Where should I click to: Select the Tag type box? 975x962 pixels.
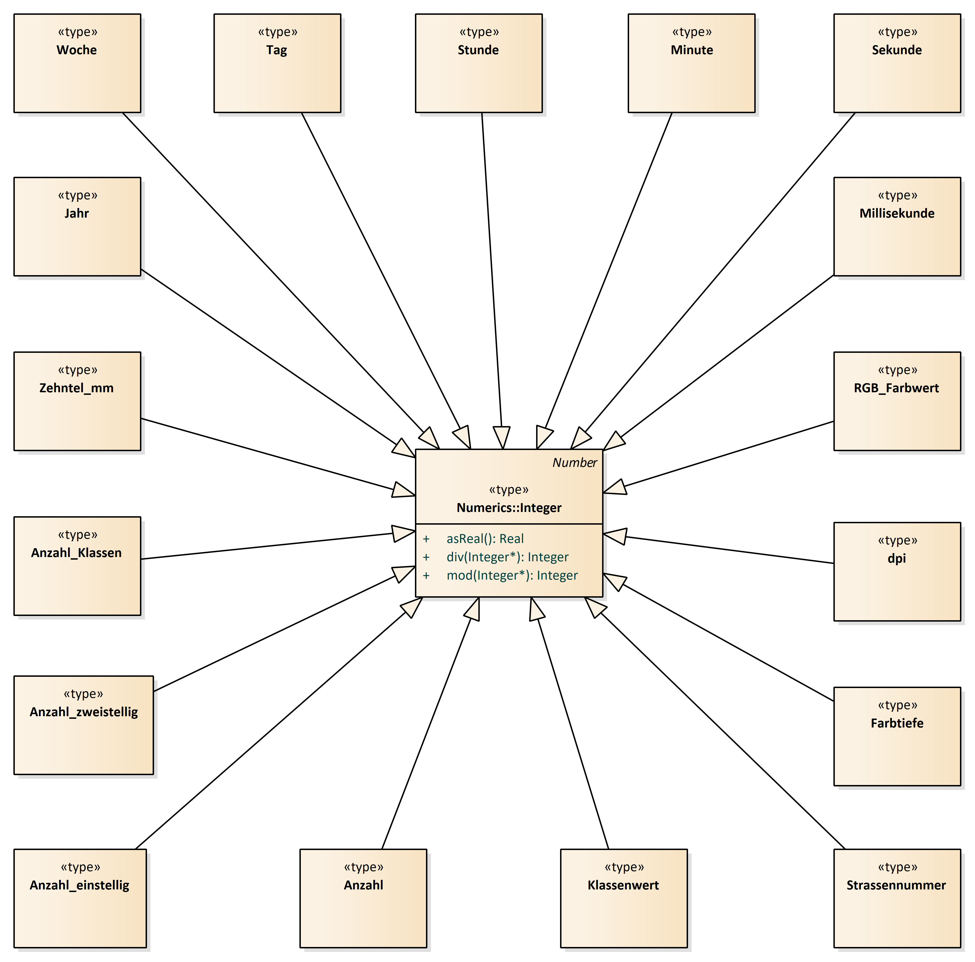277,63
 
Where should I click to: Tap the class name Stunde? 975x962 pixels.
478,50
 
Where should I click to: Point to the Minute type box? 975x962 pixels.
691,63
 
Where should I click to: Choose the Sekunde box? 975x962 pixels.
897,63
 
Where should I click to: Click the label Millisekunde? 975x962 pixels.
897,213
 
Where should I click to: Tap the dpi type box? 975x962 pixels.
897,572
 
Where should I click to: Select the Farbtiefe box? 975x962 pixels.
897,736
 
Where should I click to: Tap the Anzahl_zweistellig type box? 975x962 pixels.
84,725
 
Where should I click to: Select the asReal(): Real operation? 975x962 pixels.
485,539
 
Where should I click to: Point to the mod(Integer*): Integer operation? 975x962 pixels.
512,576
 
